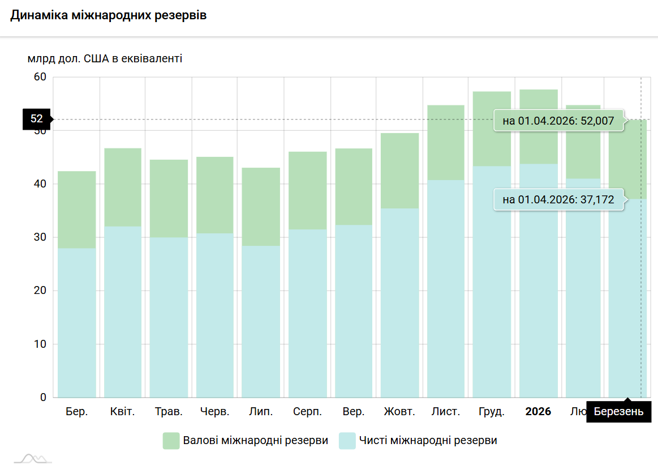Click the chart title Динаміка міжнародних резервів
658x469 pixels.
coord(108,16)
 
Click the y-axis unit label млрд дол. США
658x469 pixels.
coord(105,58)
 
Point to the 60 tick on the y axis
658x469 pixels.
coord(40,77)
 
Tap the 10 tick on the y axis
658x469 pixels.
coord(40,344)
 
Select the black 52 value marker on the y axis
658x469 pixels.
coord(37,119)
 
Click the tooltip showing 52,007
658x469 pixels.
coord(558,121)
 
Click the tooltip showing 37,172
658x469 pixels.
coord(558,200)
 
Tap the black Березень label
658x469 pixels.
coord(618,412)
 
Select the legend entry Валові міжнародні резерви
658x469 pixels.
coord(245,441)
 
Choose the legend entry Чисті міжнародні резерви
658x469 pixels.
coord(418,441)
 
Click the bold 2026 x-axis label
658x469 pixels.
coord(538,412)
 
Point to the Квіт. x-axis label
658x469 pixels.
coord(122,412)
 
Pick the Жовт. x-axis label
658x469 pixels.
coord(399,412)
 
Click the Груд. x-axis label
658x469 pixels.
coord(492,412)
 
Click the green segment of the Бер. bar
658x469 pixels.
coord(77,210)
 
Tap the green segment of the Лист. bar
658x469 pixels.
coord(446,143)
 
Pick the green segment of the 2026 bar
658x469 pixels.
coord(538,126)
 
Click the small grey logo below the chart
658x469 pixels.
coord(33,459)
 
